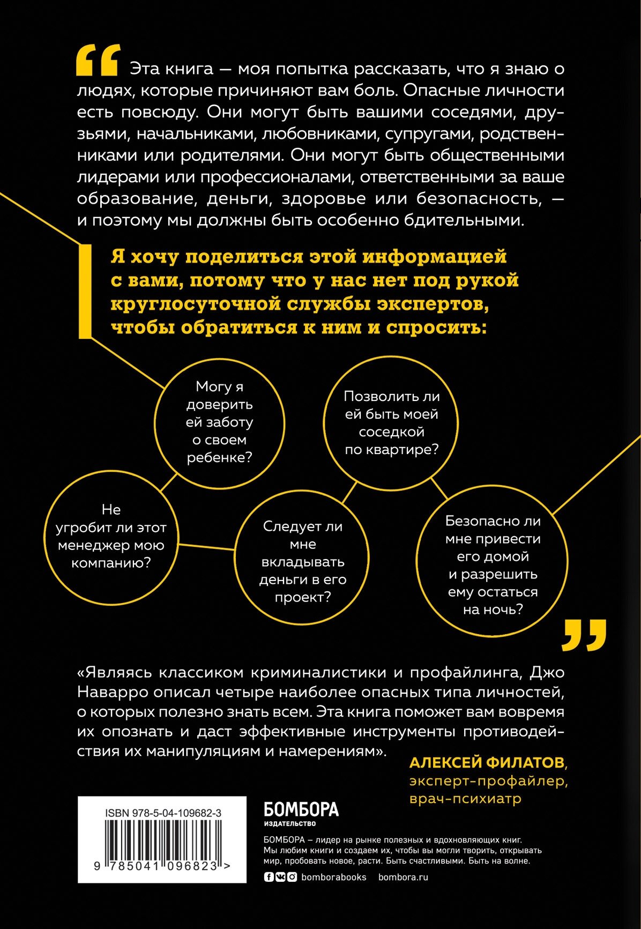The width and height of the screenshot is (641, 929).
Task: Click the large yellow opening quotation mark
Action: pos(97,60)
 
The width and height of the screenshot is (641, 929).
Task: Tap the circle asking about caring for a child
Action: pos(219,422)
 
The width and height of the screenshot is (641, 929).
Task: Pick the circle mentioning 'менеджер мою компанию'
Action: pos(111,537)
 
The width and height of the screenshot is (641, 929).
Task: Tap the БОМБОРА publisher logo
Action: pos(301,810)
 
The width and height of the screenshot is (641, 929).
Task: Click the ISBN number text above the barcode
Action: pos(163,813)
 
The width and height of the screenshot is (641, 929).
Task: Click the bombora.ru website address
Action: pos(403,877)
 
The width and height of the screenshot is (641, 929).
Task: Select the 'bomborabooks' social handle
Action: pos(334,877)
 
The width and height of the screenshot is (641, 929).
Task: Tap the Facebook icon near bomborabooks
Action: pos(269,877)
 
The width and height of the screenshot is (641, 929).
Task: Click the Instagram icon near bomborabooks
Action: pos(292,877)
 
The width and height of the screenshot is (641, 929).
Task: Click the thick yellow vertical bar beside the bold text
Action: pos(85,292)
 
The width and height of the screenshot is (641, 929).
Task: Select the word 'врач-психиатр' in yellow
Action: pos(465,799)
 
